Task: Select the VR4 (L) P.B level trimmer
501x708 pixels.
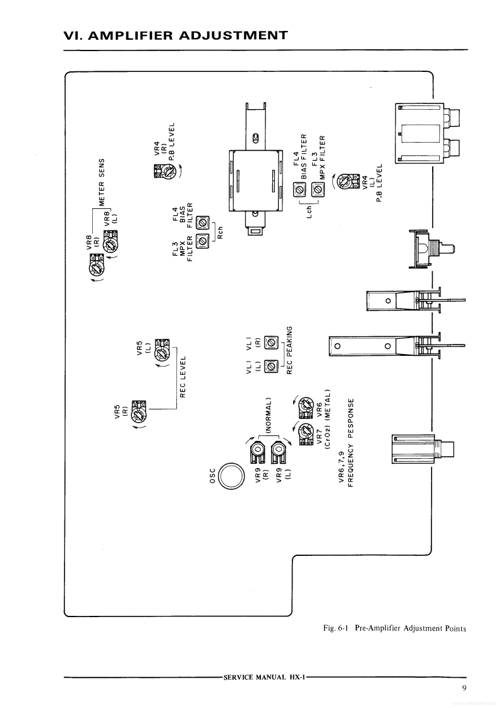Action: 344,182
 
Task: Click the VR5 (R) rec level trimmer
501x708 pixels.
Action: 138,411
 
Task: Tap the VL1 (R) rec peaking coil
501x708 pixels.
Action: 272,343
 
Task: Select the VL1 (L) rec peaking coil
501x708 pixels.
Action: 272,365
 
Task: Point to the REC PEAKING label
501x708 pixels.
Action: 291,350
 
